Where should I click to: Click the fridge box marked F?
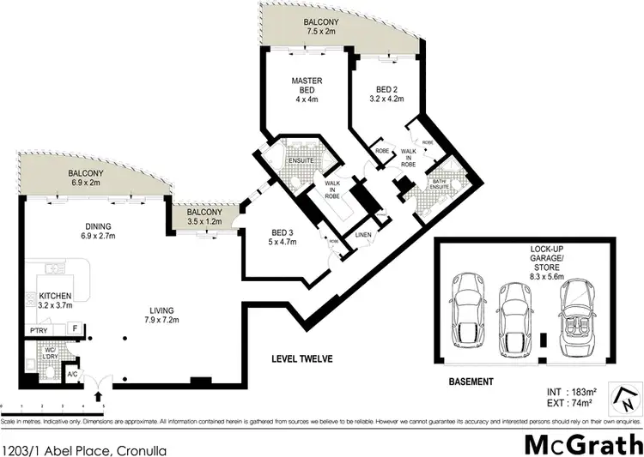point(75,328)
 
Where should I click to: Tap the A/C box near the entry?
point(74,374)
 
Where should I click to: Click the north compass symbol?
point(627,398)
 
